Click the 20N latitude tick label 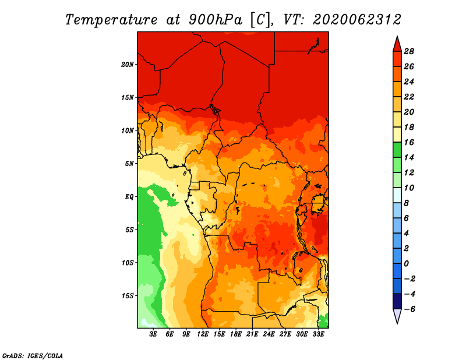pyautogui.click(x=128, y=65)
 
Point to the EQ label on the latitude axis pyautogui.click(x=129, y=197)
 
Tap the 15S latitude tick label pyautogui.click(x=128, y=296)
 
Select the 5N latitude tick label pyautogui.click(x=129, y=164)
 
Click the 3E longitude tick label pyautogui.click(x=153, y=334)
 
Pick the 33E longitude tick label pyautogui.click(x=318, y=334)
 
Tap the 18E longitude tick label pyautogui.click(x=236, y=334)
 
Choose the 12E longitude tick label pyautogui.click(x=203, y=334)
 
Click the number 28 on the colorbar pyautogui.click(x=409, y=51)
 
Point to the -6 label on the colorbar pyautogui.click(x=409, y=309)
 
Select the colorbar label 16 pyautogui.click(x=409, y=142)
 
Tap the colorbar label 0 pyautogui.click(x=406, y=264)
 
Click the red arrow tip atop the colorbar pyautogui.click(x=397, y=37)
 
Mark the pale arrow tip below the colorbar pyautogui.click(x=397, y=323)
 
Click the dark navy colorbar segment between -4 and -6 pyautogui.click(x=397, y=301)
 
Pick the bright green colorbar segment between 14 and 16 pyautogui.click(x=397, y=150)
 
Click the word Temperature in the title pyautogui.click(x=111, y=20)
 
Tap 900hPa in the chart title pyautogui.click(x=216, y=20)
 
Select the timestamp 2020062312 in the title pyautogui.click(x=357, y=20)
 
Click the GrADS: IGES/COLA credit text pyautogui.click(x=33, y=356)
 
